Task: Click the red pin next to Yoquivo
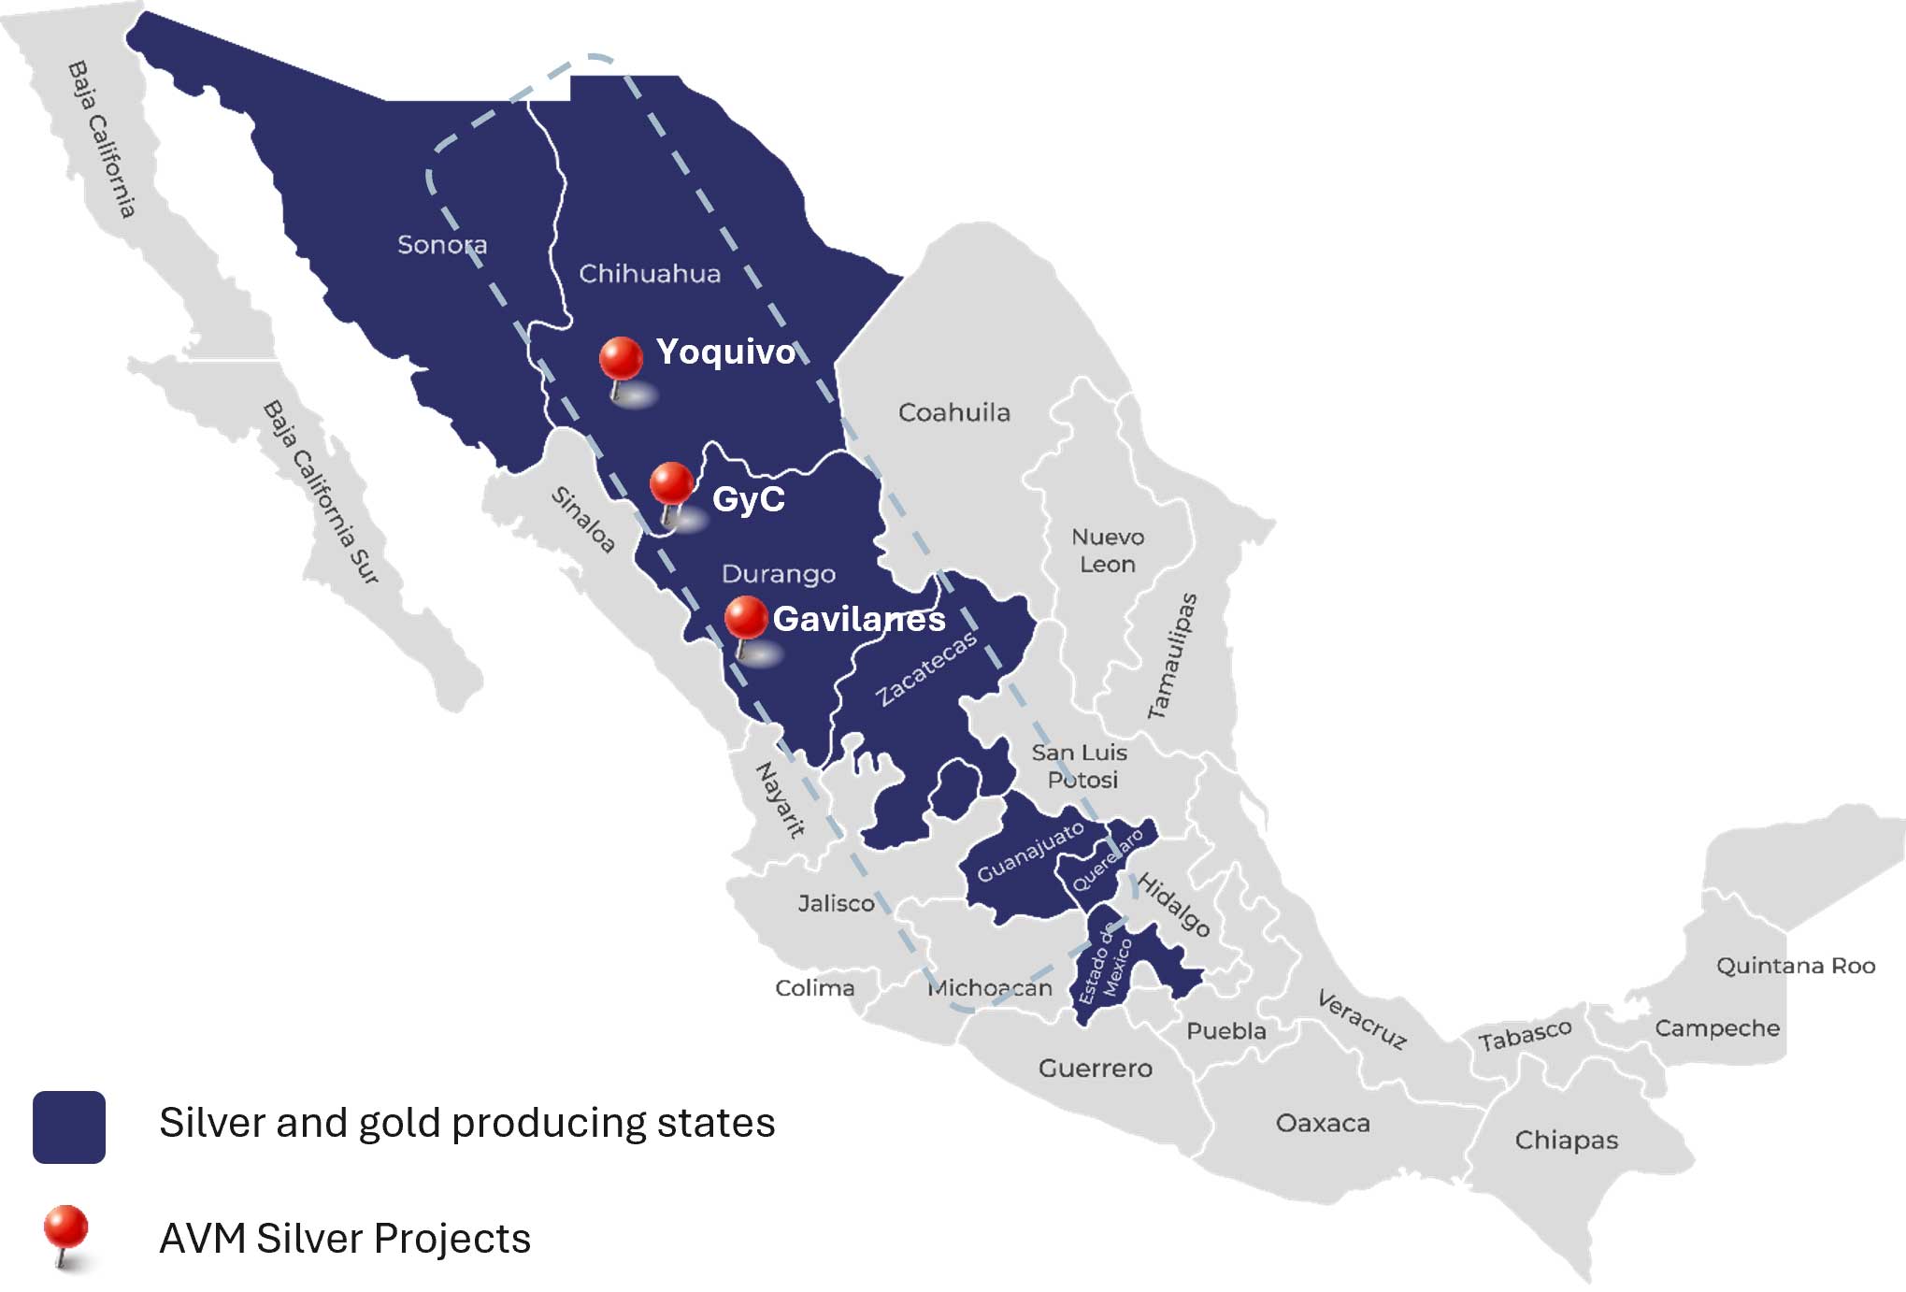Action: click(621, 360)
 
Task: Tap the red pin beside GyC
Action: click(671, 484)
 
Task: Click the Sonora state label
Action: click(442, 245)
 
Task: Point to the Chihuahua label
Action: click(650, 274)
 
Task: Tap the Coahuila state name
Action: click(953, 412)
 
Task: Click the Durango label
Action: click(779, 573)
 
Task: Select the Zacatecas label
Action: click(926, 668)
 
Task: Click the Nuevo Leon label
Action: click(1108, 551)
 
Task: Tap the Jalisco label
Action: click(836, 903)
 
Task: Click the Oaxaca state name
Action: click(1323, 1123)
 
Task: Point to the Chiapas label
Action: click(1566, 1141)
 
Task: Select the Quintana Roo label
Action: click(1795, 966)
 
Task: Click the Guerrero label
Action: click(1095, 1068)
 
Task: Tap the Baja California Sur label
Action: click(321, 493)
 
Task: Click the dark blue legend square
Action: click(69, 1127)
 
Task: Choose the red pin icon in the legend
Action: click(66, 1229)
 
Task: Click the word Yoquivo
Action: click(725, 352)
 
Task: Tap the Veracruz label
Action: click(1361, 1020)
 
